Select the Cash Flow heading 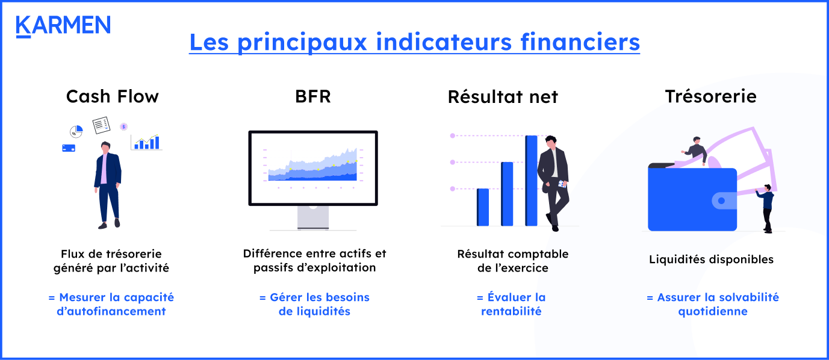point(112,96)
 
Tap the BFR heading point(312,96)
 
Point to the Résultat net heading point(503,96)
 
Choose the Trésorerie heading point(710,96)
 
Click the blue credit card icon point(68,147)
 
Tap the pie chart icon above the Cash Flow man point(76,131)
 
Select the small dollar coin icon point(123,126)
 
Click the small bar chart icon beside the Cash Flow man point(147,142)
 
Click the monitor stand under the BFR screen point(313,218)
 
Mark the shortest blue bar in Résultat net point(483,207)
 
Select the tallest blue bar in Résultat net point(531,181)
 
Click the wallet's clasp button point(721,201)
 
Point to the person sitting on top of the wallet point(696,151)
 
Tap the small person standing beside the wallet point(766,208)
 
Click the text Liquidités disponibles point(711,259)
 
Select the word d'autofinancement point(111,311)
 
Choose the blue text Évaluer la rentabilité point(511,304)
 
